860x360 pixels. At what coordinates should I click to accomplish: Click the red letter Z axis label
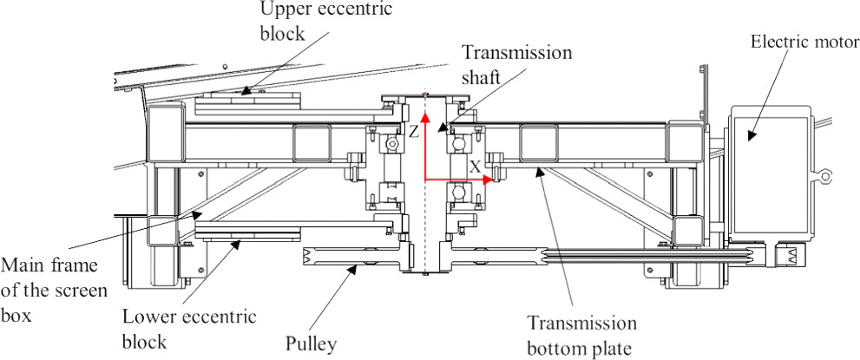(x=414, y=133)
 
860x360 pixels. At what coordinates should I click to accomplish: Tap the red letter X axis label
(x=473, y=164)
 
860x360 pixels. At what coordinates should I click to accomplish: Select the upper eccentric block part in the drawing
(x=248, y=105)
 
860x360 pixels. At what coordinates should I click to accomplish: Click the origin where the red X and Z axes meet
(x=424, y=180)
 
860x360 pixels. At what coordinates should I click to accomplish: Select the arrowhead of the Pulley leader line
(x=355, y=271)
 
